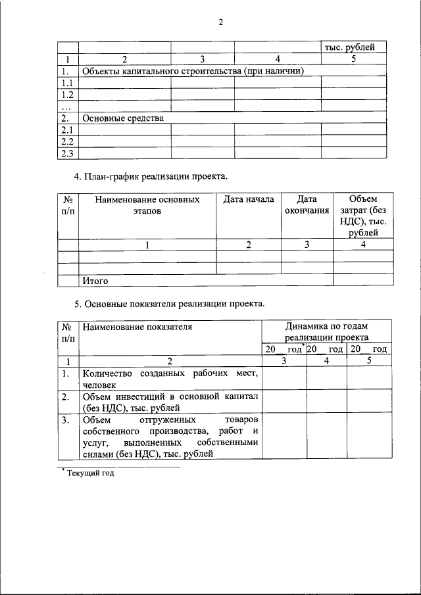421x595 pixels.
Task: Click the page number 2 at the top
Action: [x=221, y=22]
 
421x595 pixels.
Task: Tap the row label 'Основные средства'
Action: [x=122, y=118]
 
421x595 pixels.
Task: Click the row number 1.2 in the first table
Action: [x=66, y=95]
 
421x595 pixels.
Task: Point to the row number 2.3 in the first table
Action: [x=66, y=154]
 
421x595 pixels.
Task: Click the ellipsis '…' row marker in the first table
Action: [x=65, y=107]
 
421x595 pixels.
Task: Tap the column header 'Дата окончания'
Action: [x=307, y=204]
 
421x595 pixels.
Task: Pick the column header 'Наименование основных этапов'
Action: [x=147, y=204]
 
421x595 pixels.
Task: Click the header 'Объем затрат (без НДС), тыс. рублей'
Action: [x=359, y=216]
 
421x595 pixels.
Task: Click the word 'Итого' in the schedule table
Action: [x=95, y=281]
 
